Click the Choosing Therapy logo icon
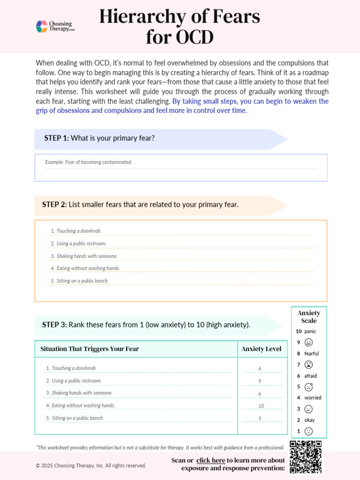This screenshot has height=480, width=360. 42,27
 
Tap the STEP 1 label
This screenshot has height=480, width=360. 56,138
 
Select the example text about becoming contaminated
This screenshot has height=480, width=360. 89,162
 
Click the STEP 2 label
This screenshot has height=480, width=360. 55,204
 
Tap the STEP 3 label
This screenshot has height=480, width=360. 55,324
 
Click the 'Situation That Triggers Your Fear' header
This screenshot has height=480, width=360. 90,349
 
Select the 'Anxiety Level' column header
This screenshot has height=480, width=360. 261,349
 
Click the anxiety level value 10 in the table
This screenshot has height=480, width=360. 261,405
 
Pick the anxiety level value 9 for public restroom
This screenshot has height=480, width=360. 260,381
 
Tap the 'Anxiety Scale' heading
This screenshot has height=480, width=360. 308,317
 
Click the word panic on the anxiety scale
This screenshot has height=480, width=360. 310,331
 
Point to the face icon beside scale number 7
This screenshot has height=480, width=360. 308,365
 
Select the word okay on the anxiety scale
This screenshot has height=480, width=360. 309,420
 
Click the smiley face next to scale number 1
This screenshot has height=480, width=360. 308,431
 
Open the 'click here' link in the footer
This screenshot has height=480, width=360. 210,460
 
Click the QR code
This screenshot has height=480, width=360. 306,457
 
